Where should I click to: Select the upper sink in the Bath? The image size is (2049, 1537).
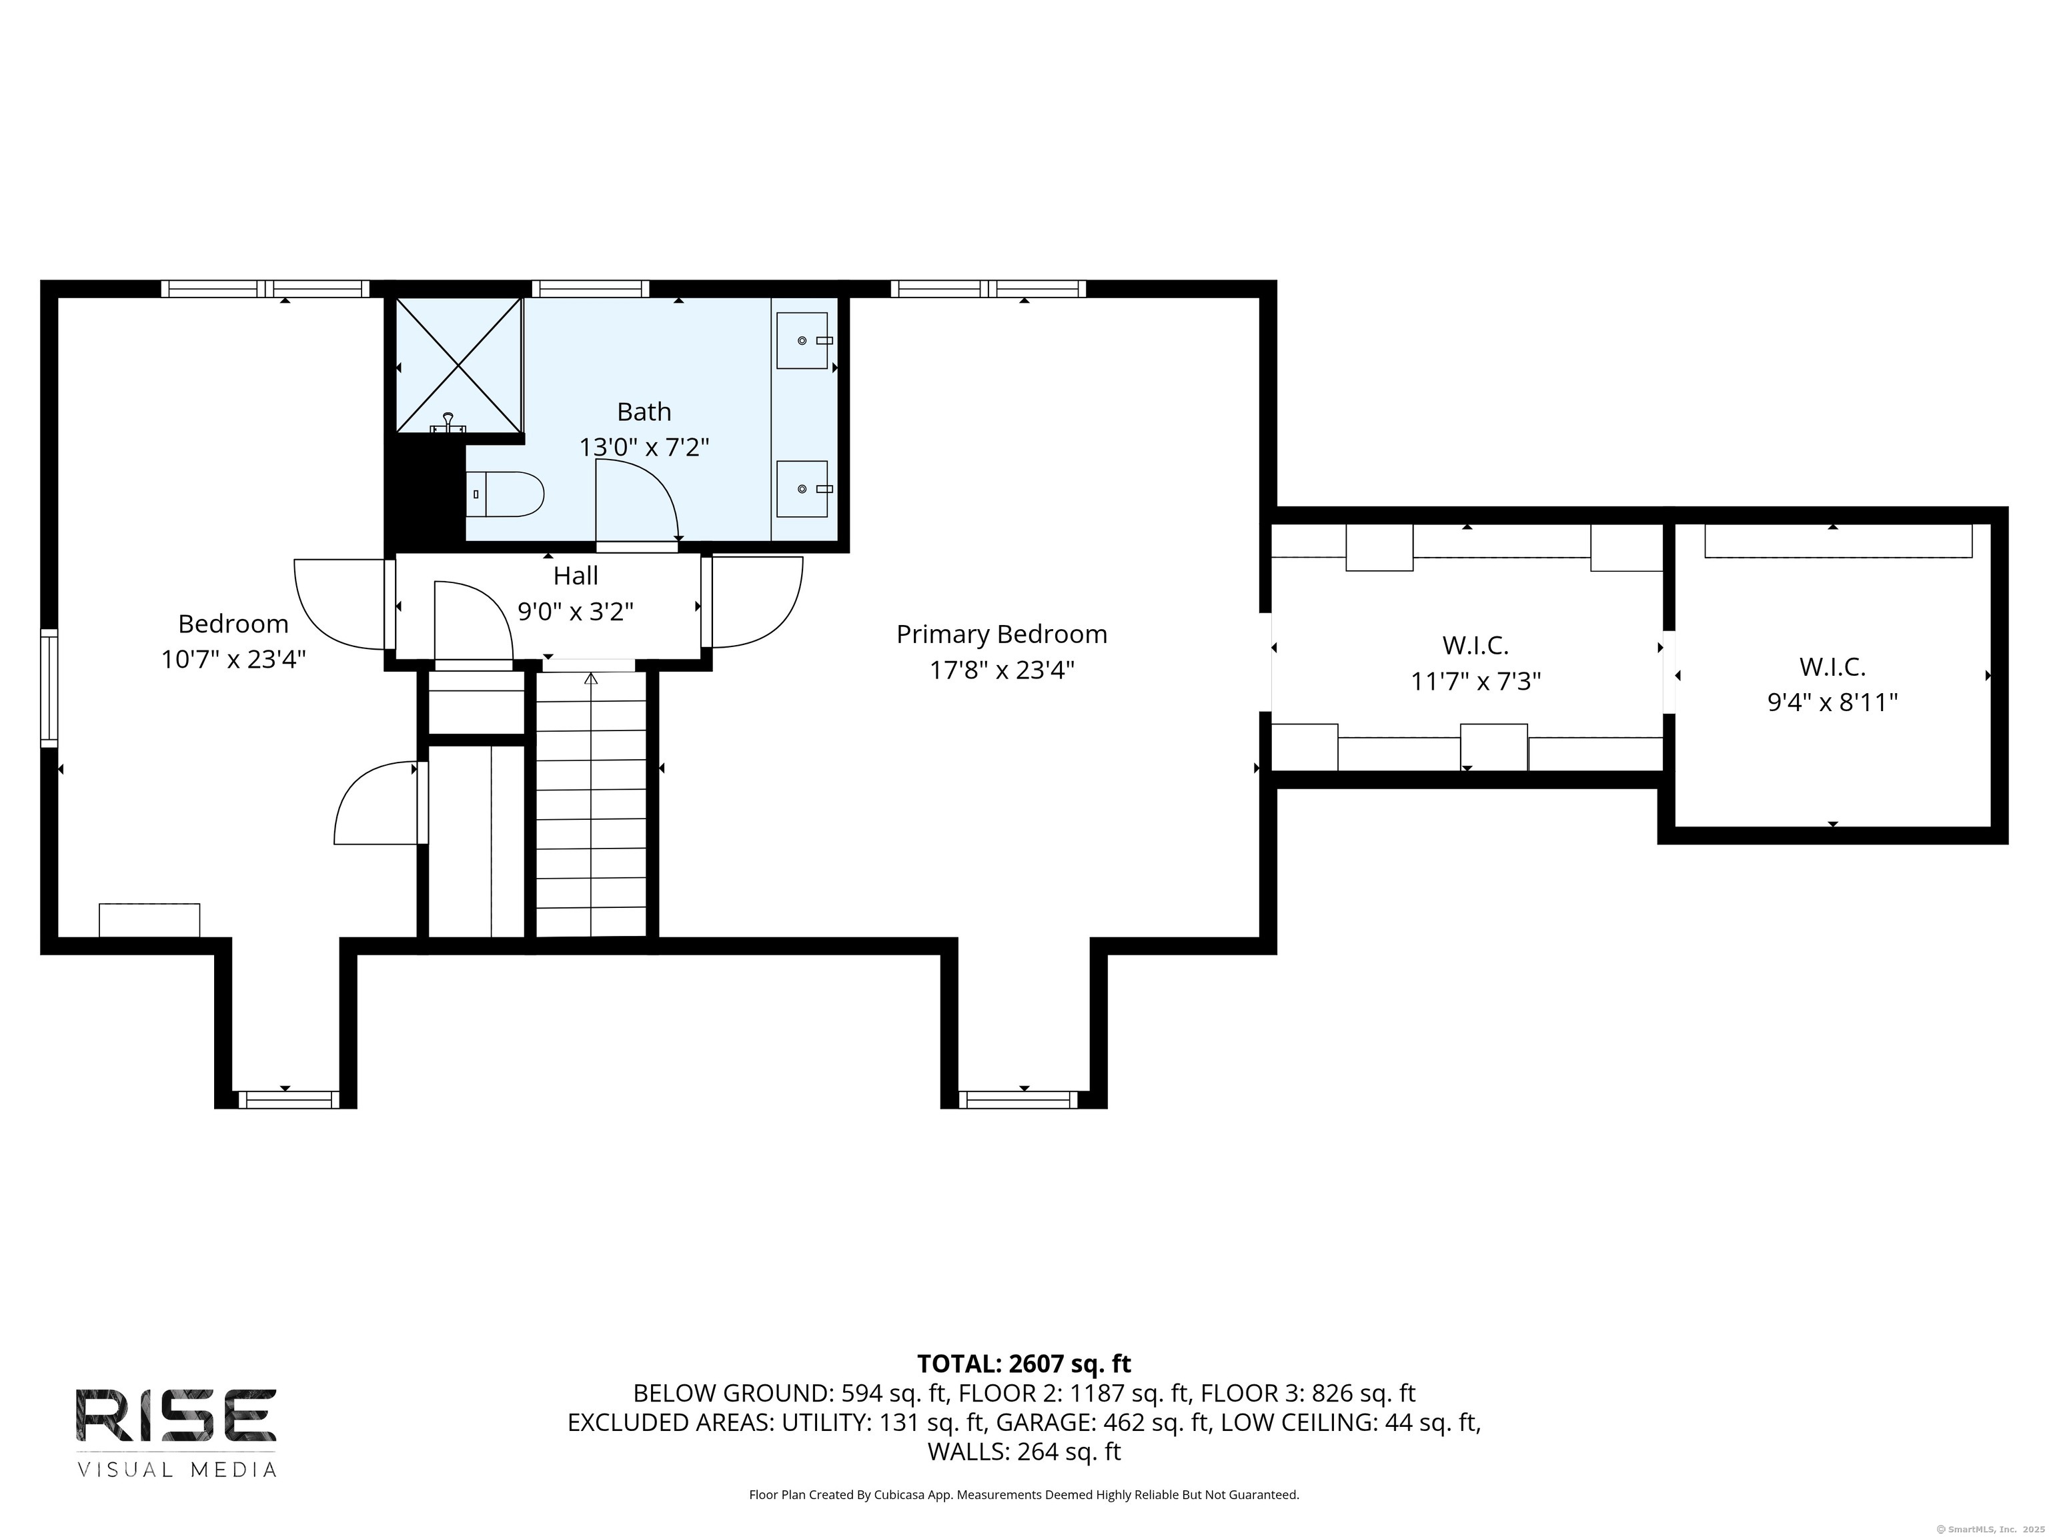pos(802,340)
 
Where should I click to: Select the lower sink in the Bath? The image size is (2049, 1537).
pos(802,488)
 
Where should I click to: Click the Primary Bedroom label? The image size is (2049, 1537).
pos(1001,634)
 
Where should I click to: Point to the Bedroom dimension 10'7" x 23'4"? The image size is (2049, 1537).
pos(233,660)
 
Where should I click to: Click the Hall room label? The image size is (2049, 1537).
pos(575,575)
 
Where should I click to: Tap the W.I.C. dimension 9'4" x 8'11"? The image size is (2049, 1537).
pos(1832,702)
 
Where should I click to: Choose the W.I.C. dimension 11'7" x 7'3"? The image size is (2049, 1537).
pos(1475,682)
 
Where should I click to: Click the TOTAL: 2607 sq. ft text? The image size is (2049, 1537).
pos(1024,1364)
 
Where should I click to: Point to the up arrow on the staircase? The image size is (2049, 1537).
pos(591,679)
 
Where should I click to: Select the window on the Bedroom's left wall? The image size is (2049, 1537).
pos(49,687)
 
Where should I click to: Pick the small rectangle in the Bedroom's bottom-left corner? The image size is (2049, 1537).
pos(149,920)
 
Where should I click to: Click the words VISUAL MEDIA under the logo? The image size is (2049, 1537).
pos(176,1470)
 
